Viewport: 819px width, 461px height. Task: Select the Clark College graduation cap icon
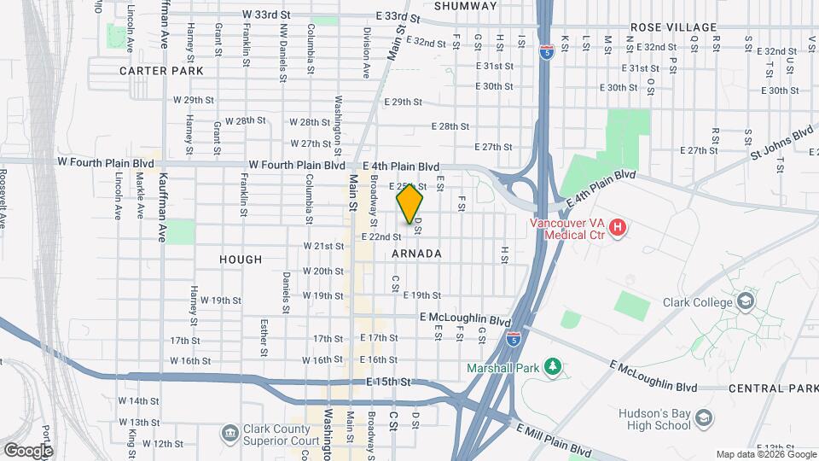coord(746,301)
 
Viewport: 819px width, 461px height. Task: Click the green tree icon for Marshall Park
coord(552,367)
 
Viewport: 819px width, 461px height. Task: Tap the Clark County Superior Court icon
coord(229,434)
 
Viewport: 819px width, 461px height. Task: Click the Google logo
coord(27,450)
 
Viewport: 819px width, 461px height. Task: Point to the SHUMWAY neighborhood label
coord(465,6)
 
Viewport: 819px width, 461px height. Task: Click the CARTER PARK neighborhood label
coord(161,71)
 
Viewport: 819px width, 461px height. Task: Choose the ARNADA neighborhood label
coord(417,254)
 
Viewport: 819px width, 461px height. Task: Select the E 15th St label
coord(389,381)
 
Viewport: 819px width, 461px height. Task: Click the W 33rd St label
coord(266,15)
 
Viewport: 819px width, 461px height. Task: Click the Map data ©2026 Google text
coord(764,454)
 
